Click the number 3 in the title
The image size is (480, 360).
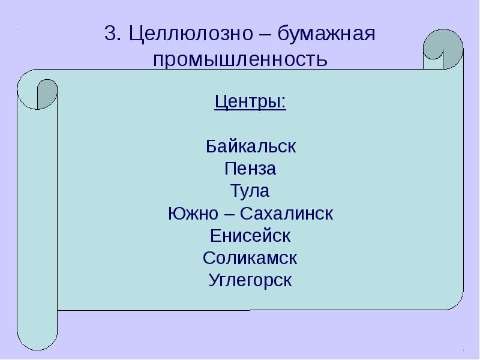109,34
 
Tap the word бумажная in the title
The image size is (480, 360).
333,34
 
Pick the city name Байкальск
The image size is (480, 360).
251,146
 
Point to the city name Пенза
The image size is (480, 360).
250,169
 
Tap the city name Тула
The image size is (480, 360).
250,191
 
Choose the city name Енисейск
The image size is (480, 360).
251,235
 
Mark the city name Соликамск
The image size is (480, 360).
250,258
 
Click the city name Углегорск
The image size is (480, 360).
250,280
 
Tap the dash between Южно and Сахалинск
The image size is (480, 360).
232,214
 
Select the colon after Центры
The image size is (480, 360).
284,103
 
